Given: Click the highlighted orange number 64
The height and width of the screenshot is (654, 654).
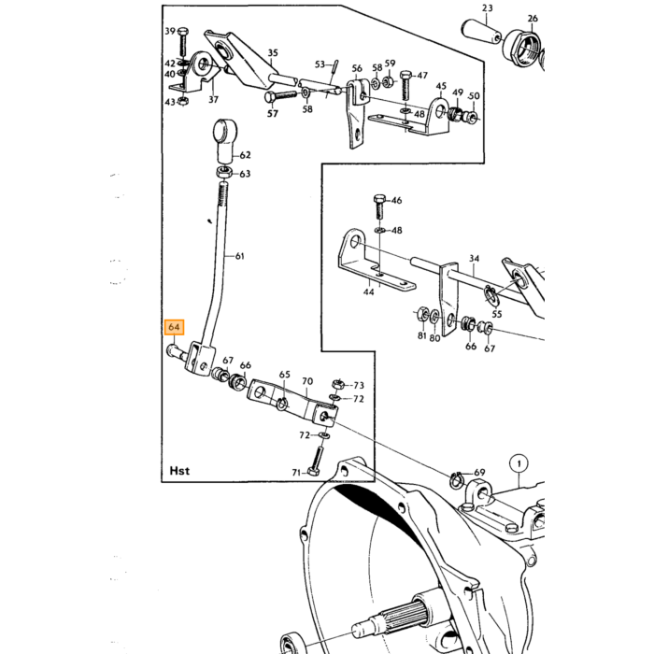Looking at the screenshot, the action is pyautogui.click(x=174, y=327).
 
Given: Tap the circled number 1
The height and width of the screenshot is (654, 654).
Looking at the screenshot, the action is pyautogui.click(x=519, y=463).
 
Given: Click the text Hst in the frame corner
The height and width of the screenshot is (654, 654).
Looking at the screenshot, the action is pyautogui.click(x=179, y=471).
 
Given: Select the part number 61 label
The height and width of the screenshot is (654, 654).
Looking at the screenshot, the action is pyautogui.click(x=240, y=256).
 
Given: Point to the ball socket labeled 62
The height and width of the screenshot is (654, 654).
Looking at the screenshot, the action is pyautogui.click(x=225, y=142).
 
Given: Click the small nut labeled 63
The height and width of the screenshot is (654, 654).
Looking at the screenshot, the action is pyautogui.click(x=224, y=172).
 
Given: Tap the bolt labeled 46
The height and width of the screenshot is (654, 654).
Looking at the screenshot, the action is pyautogui.click(x=379, y=206).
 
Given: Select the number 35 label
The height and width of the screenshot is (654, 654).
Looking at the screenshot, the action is pyautogui.click(x=273, y=53).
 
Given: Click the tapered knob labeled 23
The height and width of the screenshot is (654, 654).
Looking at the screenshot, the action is pyautogui.click(x=479, y=33).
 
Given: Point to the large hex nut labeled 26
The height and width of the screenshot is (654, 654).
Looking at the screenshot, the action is pyautogui.click(x=521, y=48).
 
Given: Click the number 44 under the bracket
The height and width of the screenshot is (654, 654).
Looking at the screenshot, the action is pyautogui.click(x=369, y=291).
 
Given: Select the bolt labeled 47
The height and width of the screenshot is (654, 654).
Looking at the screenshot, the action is pyautogui.click(x=406, y=85).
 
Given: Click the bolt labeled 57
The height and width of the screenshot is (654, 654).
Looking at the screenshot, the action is pyautogui.click(x=280, y=96).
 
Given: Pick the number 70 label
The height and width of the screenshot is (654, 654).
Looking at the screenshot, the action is pyautogui.click(x=307, y=381).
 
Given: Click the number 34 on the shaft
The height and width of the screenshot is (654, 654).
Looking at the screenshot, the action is pyautogui.click(x=475, y=259).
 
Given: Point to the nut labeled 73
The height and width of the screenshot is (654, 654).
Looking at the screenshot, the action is pyautogui.click(x=337, y=384).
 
